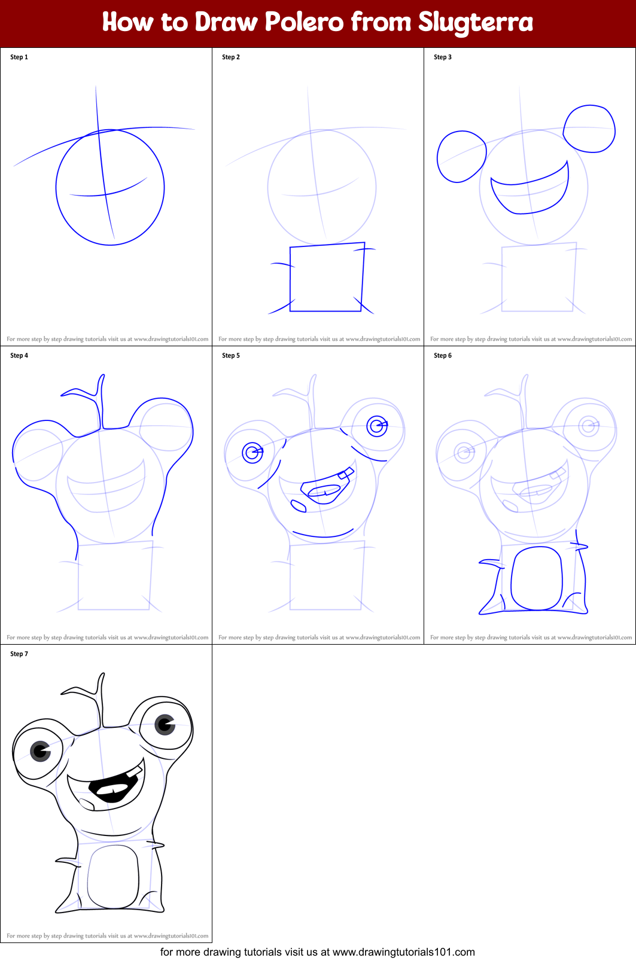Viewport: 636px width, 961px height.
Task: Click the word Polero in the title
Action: (x=304, y=22)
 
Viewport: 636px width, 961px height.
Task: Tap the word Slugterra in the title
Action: (x=475, y=23)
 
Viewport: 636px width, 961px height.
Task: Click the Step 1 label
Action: (x=19, y=57)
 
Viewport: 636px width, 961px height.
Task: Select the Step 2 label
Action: (x=231, y=57)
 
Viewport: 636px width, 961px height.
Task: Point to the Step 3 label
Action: (x=443, y=57)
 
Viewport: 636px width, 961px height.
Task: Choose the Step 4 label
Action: (x=19, y=356)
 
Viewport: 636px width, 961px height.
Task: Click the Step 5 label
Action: (x=231, y=356)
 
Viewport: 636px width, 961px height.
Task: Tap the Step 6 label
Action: (x=443, y=356)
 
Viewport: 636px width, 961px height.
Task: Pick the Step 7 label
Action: (x=19, y=654)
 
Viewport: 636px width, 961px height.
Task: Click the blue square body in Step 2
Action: (x=327, y=277)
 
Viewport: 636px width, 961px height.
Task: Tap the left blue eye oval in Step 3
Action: (x=461, y=157)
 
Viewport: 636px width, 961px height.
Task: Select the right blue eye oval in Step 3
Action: (x=590, y=129)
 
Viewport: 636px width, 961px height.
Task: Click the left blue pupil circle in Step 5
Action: (x=252, y=453)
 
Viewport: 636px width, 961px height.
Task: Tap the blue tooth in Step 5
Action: (x=345, y=475)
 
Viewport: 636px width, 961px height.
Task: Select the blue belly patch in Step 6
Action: (x=537, y=578)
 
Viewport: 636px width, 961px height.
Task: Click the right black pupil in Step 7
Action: (x=165, y=725)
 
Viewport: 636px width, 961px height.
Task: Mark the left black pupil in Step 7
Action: (x=41, y=751)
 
